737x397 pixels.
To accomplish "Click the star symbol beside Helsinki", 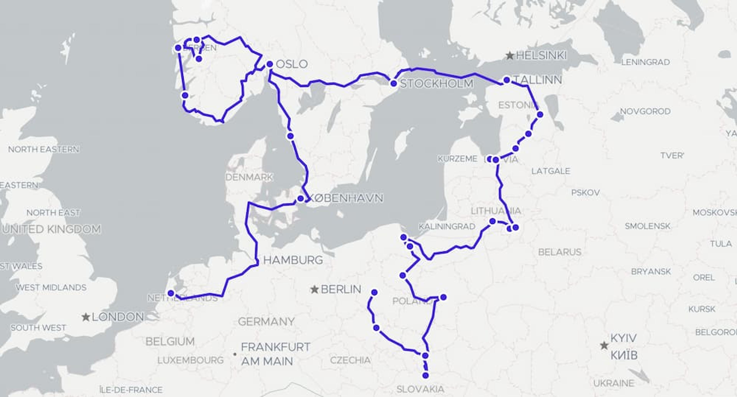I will pyautogui.click(x=510, y=55).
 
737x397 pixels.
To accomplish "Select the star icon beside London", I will pyautogui.click(x=86, y=317).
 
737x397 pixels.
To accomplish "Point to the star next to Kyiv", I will pyautogui.click(x=604, y=346).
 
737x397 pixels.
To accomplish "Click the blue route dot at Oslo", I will pyautogui.click(x=269, y=64).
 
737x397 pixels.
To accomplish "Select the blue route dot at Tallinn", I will pyautogui.click(x=507, y=80).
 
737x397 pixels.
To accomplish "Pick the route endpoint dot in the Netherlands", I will pyautogui.click(x=171, y=293).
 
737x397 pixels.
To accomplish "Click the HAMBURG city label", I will pyautogui.click(x=293, y=260).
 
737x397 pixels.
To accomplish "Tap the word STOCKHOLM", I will pyautogui.click(x=437, y=84).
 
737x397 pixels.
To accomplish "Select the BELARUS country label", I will pyautogui.click(x=560, y=252).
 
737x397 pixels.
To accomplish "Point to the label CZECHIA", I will pyautogui.click(x=350, y=360).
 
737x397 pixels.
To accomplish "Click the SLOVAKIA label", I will pyautogui.click(x=420, y=389).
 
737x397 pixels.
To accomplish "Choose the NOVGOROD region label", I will pyautogui.click(x=645, y=111).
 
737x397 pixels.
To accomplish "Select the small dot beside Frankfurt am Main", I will pyautogui.click(x=235, y=354).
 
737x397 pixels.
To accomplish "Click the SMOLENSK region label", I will pyautogui.click(x=647, y=226).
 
